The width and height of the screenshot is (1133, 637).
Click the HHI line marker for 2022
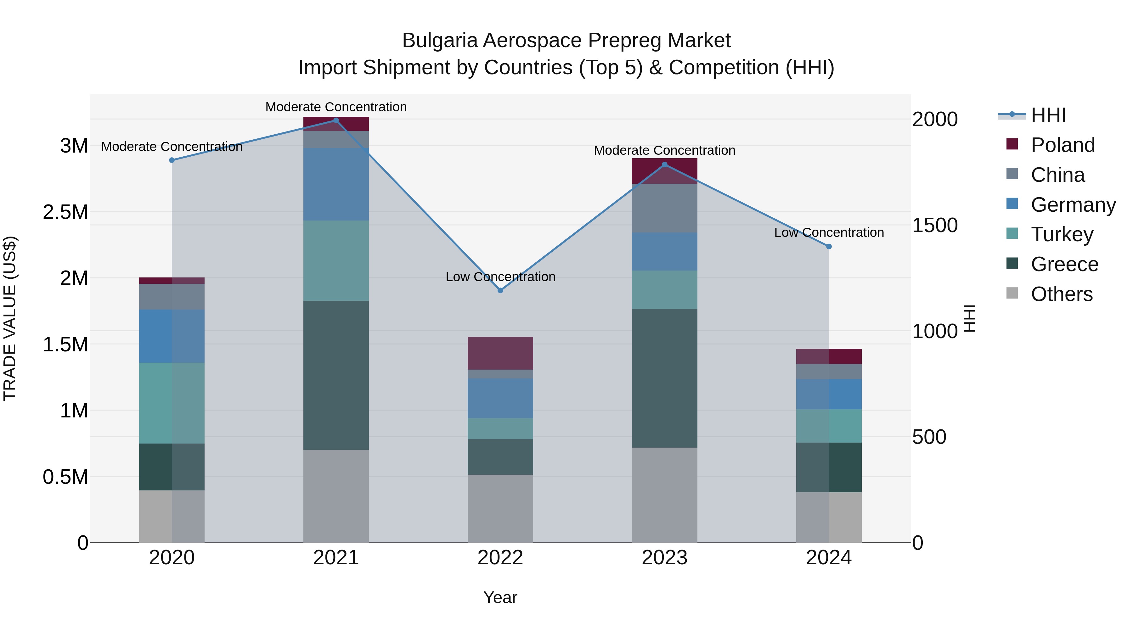click(500, 291)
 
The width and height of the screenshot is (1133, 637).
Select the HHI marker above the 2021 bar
click(336, 120)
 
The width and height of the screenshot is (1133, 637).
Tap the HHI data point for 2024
click(829, 247)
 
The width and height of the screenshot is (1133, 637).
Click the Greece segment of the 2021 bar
click(336, 375)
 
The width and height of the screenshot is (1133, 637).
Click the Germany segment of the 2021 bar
click(336, 184)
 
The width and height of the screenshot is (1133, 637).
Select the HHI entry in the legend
click(1048, 115)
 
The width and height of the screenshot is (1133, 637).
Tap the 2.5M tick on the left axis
click(65, 212)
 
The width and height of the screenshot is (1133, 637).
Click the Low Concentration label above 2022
click(500, 277)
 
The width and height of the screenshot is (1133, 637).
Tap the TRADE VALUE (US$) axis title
click(10, 318)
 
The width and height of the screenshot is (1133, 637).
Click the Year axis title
click(500, 597)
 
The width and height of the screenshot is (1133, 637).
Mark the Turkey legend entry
click(1062, 234)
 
